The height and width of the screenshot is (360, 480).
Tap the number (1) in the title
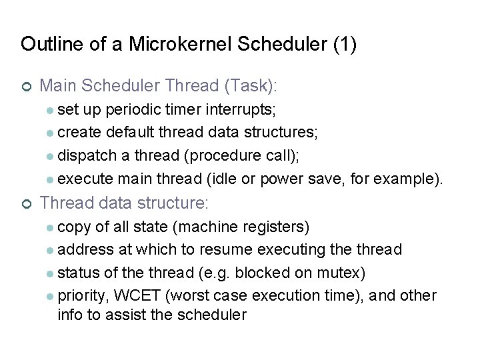click(344, 45)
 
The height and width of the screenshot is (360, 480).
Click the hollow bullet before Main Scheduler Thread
click(25, 86)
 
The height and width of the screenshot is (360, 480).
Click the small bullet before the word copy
click(51, 227)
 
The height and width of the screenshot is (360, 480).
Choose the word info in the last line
click(70, 315)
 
